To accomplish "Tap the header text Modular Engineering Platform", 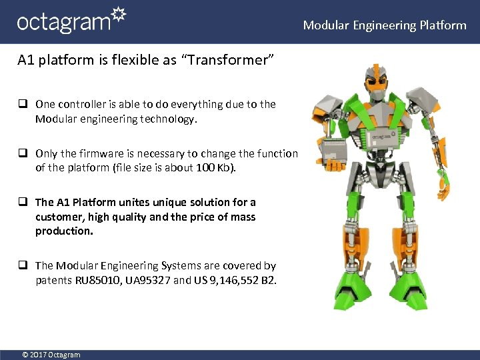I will point(385,25).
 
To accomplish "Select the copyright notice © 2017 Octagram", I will point(51,355).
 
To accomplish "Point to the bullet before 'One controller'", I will point(23,104).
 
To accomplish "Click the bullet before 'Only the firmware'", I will point(23,153).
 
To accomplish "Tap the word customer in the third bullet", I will point(59,217).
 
